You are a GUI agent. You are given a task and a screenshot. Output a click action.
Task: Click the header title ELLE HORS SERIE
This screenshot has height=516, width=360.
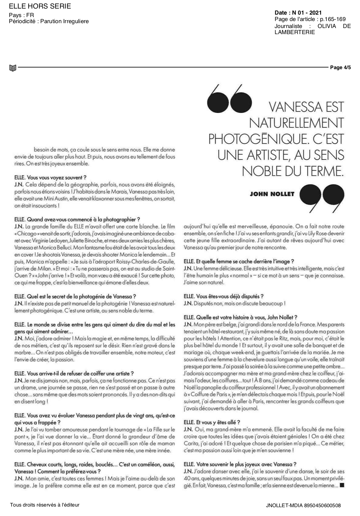[x=40, y=6]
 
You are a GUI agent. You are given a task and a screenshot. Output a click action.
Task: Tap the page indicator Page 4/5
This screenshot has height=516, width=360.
[x=340, y=67]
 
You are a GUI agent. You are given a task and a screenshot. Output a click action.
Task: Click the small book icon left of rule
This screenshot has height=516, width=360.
[x=13, y=68]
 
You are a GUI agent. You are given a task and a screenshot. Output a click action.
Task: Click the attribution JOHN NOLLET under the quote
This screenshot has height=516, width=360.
[x=272, y=194]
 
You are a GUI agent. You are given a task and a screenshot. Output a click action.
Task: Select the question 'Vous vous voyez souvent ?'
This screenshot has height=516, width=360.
[x=51, y=177]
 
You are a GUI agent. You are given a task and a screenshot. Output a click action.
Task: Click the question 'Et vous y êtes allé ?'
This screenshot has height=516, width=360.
[x=212, y=422]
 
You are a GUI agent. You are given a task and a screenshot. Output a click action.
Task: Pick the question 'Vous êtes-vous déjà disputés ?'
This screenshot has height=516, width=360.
[x=223, y=296]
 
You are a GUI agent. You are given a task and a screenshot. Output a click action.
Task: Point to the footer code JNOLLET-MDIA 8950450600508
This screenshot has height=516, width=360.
[x=303, y=505]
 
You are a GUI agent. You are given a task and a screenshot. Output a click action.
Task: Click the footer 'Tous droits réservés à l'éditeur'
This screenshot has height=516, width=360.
[x=45, y=505]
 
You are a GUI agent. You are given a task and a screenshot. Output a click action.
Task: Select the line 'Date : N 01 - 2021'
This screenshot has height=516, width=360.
[x=298, y=13]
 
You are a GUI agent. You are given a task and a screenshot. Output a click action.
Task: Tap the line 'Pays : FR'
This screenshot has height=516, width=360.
[x=21, y=15]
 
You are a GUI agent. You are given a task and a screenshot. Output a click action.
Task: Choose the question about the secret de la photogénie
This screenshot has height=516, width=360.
[x=75, y=296]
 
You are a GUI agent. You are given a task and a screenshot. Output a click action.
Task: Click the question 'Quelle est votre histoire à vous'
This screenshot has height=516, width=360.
[x=241, y=317]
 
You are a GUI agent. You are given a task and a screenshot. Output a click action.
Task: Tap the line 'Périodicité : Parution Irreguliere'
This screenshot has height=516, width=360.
[x=49, y=21]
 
